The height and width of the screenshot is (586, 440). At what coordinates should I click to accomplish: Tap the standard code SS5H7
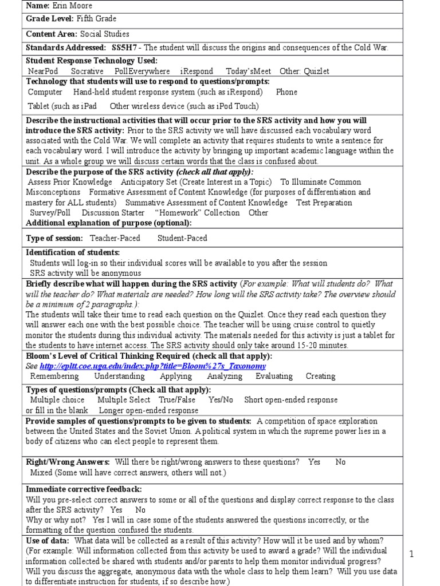(x=125, y=47)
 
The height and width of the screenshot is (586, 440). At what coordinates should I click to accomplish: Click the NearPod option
(x=43, y=72)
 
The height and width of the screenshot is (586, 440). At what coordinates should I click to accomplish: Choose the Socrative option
(x=87, y=72)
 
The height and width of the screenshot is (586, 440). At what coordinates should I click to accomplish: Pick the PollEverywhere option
(x=142, y=72)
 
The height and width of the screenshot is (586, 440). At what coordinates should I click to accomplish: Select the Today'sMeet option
(x=248, y=72)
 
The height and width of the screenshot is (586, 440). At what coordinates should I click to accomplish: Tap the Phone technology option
(x=286, y=92)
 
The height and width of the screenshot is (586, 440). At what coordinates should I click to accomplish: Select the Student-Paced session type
(x=182, y=238)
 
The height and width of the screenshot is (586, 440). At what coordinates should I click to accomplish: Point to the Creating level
(x=320, y=376)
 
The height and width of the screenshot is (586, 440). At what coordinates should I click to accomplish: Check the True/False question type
(x=177, y=400)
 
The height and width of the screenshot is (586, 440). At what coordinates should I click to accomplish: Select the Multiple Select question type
(x=124, y=400)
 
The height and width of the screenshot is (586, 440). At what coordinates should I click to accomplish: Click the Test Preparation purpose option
(x=324, y=203)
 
